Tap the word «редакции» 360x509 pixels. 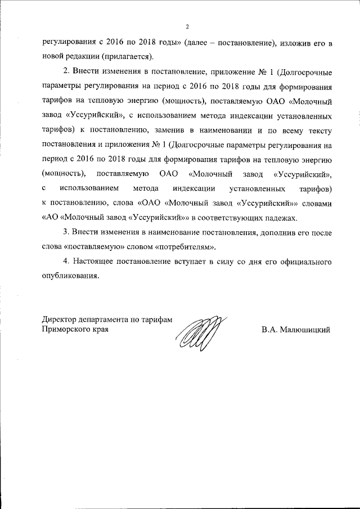[x=84, y=57]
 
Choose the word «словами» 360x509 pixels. [x=316, y=203]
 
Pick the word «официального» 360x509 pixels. [x=301, y=262]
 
